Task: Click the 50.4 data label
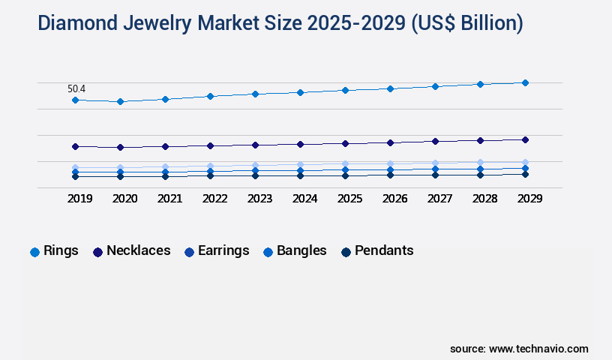[76, 88]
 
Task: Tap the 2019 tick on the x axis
[79, 199]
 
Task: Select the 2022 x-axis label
[214, 199]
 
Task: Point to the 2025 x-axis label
[349, 199]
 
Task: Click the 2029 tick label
[529, 199]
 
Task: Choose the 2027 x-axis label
[439, 199]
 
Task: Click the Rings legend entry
[61, 251]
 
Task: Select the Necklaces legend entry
[138, 251]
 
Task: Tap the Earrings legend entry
[223, 251]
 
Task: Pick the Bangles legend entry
[301, 251]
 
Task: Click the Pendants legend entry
[384, 251]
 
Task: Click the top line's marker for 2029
[525, 82]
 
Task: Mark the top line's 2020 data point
[120, 101]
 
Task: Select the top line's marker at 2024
[300, 92]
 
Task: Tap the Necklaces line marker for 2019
[75, 146]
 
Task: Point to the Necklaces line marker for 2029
[525, 139]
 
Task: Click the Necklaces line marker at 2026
[390, 142]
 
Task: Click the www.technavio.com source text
[538, 349]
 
